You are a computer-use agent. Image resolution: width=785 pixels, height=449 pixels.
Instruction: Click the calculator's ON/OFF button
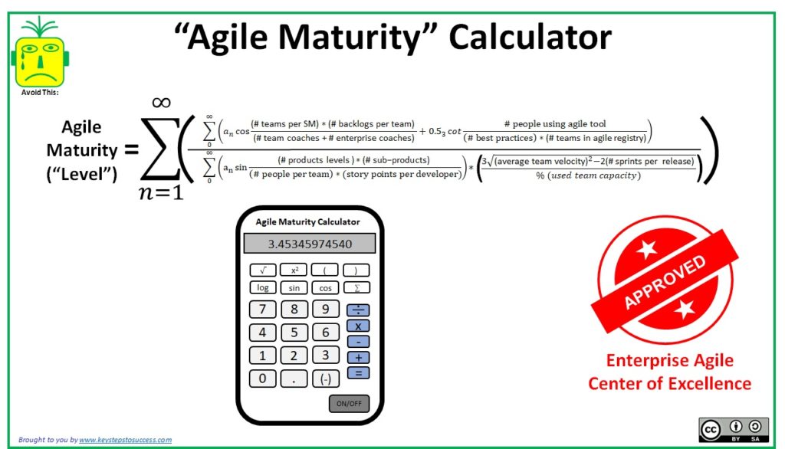click(x=349, y=403)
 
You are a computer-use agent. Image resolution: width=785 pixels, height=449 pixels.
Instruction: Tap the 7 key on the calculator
click(x=263, y=310)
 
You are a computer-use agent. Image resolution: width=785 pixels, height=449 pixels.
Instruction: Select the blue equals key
click(x=358, y=373)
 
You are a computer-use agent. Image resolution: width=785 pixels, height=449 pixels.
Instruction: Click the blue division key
click(x=358, y=310)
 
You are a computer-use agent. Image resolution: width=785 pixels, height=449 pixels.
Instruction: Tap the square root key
click(x=263, y=270)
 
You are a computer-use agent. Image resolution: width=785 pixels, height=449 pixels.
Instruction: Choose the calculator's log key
click(x=263, y=288)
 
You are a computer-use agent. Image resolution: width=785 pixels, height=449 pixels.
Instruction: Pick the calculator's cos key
click(x=325, y=288)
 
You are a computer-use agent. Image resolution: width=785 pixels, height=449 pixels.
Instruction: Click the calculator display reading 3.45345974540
click(x=310, y=244)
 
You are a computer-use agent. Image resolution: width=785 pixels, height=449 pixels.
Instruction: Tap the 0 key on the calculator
click(x=263, y=379)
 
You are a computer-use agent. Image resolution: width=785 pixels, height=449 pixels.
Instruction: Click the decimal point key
click(x=294, y=379)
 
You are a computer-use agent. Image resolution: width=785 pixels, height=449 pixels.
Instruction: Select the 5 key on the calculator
click(x=294, y=333)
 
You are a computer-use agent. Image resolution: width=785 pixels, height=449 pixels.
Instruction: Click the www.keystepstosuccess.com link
click(x=125, y=440)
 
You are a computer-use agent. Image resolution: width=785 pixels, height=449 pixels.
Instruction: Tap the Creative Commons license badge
click(x=733, y=431)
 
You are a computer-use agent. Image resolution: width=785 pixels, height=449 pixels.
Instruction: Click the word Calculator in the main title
click(x=530, y=38)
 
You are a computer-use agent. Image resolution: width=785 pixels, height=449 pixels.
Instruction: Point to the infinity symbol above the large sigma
click(x=160, y=102)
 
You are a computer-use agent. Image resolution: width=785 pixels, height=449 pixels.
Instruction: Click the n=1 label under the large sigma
click(x=160, y=192)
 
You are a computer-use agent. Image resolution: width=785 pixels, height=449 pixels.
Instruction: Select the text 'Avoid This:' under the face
click(x=40, y=93)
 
